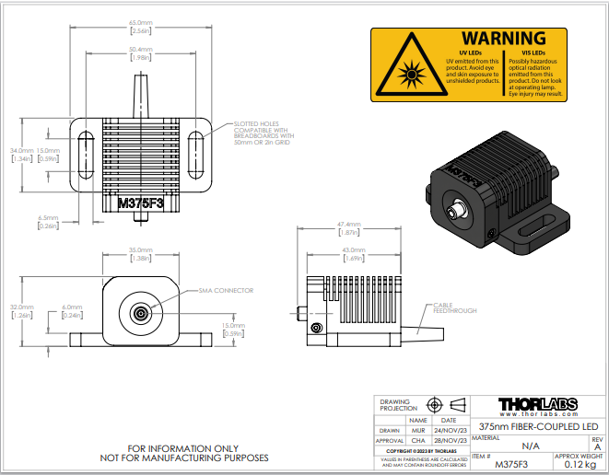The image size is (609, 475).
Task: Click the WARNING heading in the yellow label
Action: pyautogui.click(x=503, y=39)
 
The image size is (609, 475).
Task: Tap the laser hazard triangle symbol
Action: pyautogui.click(x=401, y=71)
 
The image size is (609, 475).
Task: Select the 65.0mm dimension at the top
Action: pyautogui.click(x=140, y=22)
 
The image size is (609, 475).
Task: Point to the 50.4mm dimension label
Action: pyautogui.click(x=140, y=49)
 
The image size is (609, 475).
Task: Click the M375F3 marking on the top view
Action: pyautogui.click(x=140, y=203)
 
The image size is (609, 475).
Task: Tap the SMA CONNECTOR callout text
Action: pyautogui.click(x=225, y=290)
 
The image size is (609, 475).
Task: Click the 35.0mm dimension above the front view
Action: pyautogui.click(x=140, y=250)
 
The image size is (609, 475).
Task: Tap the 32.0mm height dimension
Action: pyautogui.click(x=22, y=307)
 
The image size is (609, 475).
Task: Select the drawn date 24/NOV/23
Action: pyautogui.click(x=450, y=429)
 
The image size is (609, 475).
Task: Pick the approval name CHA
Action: pyautogui.click(x=417, y=440)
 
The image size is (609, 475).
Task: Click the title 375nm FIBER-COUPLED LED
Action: pyautogui.click(x=540, y=427)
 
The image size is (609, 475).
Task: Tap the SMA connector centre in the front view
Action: pyautogui.click(x=140, y=312)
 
